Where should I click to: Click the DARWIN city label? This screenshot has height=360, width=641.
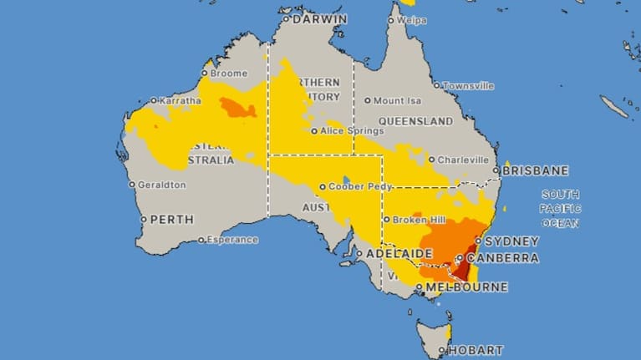(x=319, y=18)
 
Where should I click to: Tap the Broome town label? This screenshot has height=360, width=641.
(x=228, y=74)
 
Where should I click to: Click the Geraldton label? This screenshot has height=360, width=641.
(x=162, y=185)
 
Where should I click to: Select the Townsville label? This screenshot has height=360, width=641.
(x=468, y=86)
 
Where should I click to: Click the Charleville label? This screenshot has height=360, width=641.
(x=464, y=160)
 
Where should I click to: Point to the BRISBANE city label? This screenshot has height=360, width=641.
(x=535, y=170)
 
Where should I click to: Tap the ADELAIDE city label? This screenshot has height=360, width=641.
(x=392, y=254)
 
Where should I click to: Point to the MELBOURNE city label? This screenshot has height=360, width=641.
(x=466, y=287)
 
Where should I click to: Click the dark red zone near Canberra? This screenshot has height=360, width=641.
(x=460, y=271)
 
